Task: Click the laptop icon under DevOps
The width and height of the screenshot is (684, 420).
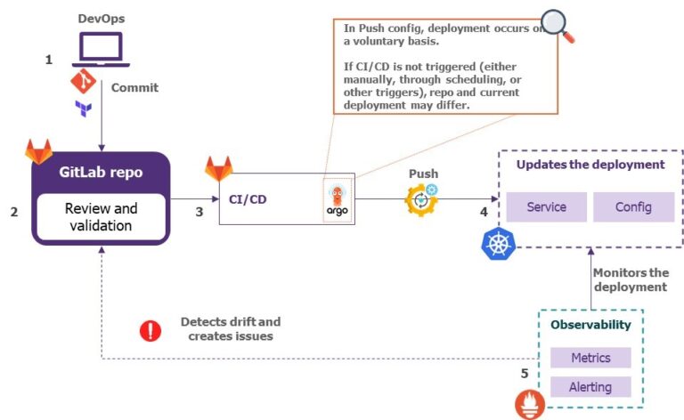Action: [101, 49]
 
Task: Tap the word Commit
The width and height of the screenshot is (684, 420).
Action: [134, 87]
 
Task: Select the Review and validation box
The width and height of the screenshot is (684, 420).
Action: [102, 216]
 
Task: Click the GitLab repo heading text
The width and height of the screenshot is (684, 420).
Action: [101, 172]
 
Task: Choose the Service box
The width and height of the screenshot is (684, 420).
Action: [546, 207]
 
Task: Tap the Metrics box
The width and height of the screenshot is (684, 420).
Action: [591, 358]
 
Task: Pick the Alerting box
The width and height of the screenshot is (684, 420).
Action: [591, 386]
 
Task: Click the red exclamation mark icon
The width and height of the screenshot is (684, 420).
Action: [151, 331]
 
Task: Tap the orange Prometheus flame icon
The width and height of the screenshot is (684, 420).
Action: [530, 404]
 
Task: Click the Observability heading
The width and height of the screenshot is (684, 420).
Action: [590, 325]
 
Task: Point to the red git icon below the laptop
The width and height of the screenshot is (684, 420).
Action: [83, 84]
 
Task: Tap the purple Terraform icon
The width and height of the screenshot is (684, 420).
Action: [83, 109]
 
